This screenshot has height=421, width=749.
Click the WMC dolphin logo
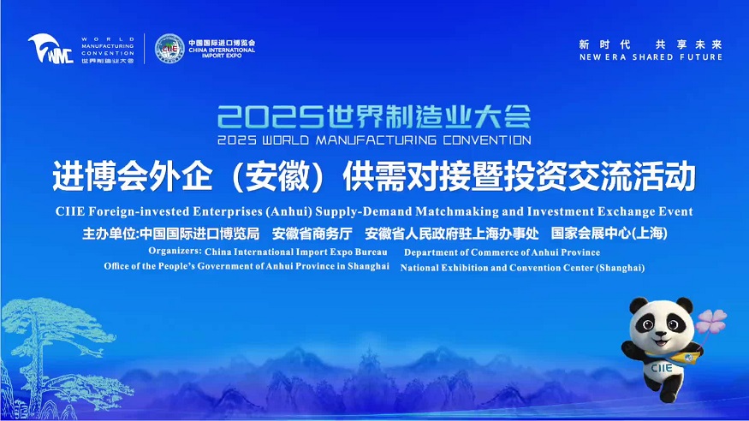(x=51, y=49)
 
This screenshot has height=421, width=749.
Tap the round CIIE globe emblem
(x=169, y=49)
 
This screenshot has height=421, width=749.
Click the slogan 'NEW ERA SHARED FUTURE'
(x=651, y=56)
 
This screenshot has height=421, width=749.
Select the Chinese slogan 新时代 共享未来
(x=651, y=44)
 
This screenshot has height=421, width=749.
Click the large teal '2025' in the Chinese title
(x=270, y=116)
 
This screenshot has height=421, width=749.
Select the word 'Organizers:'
(x=175, y=251)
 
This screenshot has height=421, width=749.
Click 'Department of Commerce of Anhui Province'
(x=502, y=252)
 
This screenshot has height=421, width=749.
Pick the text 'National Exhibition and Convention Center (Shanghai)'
(x=522, y=268)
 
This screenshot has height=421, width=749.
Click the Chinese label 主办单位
(x=110, y=234)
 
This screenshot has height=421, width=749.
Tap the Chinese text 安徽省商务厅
(x=312, y=234)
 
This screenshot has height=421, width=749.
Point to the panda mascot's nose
(x=660, y=333)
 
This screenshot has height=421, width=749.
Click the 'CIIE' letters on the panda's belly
(x=662, y=368)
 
